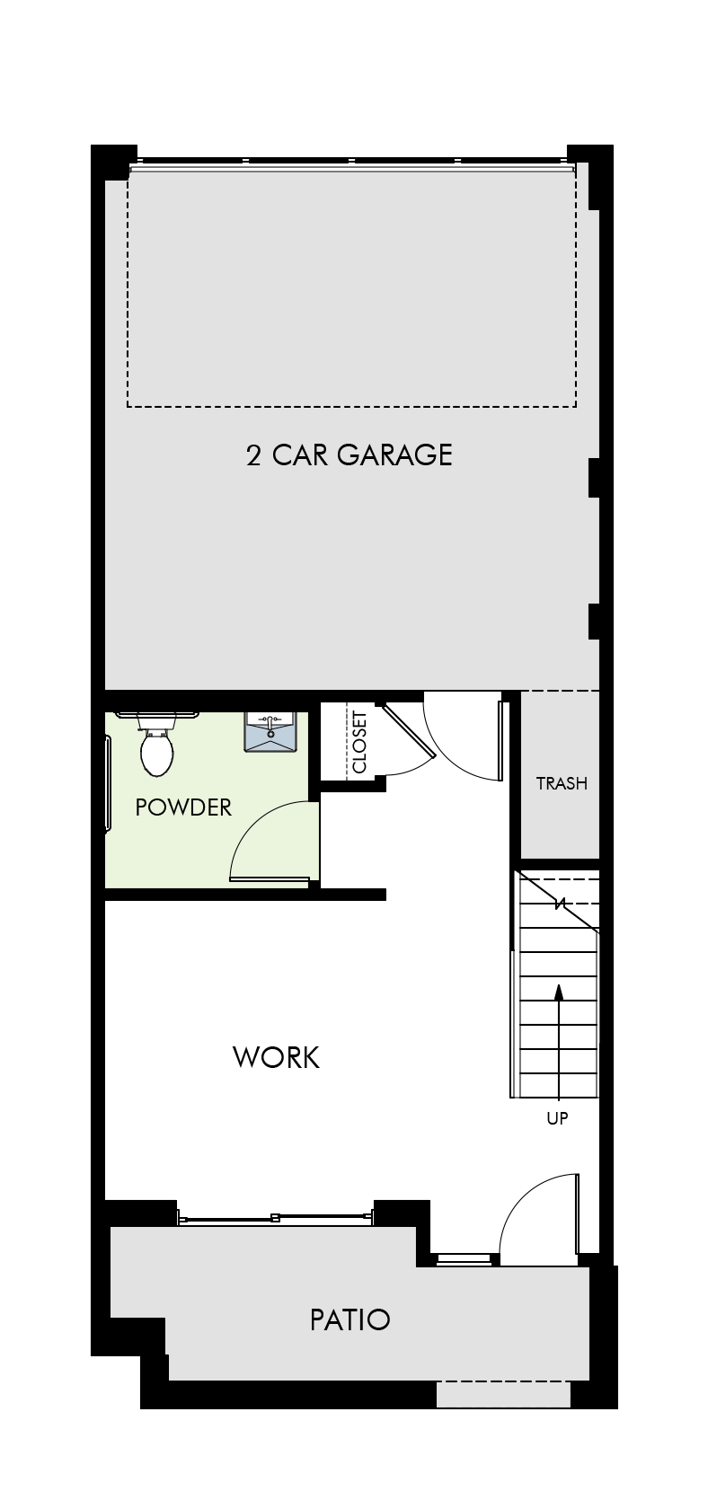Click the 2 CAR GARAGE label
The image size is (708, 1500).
pyautogui.click(x=349, y=454)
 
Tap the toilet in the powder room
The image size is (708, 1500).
pyautogui.click(x=156, y=745)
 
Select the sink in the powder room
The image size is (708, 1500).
pyautogui.click(x=270, y=731)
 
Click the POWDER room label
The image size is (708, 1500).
pyautogui.click(x=183, y=807)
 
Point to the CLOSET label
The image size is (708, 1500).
pyautogui.click(x=359, y=742)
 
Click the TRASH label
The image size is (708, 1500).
pyautogui.click(x=562, y=783)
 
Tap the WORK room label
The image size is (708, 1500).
pyautogui.click(x=276, y=1057)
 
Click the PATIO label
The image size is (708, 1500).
pyautogui.click(x=350, y=1319)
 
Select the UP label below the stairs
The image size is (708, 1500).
pyautogui.click(x=557, y=1118)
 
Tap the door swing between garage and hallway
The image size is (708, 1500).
pyautogui.click(x=463, y=737)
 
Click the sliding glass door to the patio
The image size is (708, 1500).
pyautogui.click(x=275, y=1218)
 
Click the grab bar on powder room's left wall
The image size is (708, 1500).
pyautogui.click(x=108, y=783)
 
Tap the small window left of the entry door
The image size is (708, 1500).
pyautogui.click(x=464, y=1259)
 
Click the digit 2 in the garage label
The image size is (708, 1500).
pyautogui.click(x=253, y=455)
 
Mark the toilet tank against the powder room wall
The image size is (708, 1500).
pyautogui.click(x=156, y=720)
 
